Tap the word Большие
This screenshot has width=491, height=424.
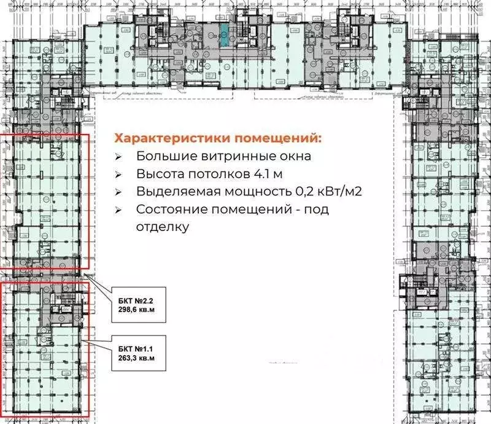tap(160, 156)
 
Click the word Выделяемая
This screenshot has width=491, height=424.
tap(174, 192)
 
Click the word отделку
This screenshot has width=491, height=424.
tap(161, 227)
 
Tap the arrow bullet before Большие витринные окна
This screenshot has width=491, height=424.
tap(119, 156)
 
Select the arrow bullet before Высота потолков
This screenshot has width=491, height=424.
tap(119, 174)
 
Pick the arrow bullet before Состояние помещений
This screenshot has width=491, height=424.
tap(119, 210)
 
